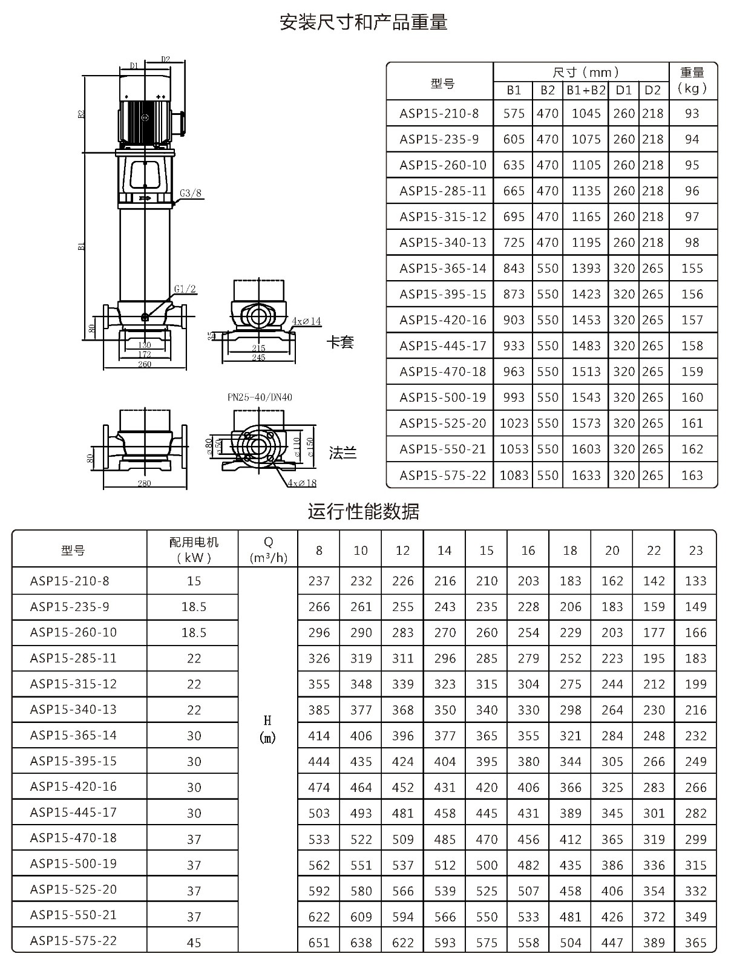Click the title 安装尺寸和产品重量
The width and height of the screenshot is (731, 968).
pyautogui.click(x=364, y=22)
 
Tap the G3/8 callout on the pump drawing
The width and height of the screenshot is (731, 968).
pyautogui.click(x=191, y=193)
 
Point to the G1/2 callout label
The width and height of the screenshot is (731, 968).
pyautogui.click(x=185, y=289)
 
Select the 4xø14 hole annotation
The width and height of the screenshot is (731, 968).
pyautogui.click(x=306, y=321)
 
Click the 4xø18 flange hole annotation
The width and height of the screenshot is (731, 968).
pyautogui.click(x=302, y=483)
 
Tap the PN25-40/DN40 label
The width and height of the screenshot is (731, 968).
pyautogui.click(x=260, y=397)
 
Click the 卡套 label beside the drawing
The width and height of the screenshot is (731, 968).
pyautogui.click(x=340, y=342)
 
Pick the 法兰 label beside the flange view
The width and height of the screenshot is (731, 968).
pyautogui.click(x=343, y=453)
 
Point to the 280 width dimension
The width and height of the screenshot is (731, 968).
pyautogui.click(x=144, y=483)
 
